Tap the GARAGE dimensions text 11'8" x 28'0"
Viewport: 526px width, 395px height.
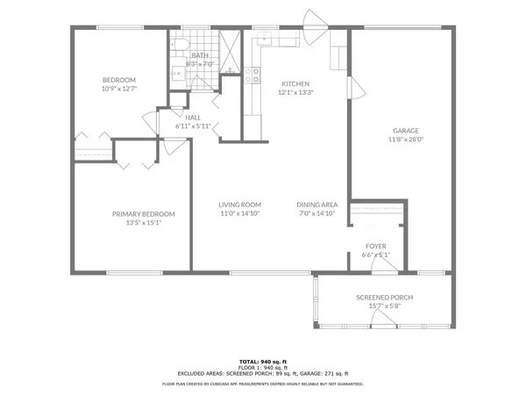click(x=405, y=139)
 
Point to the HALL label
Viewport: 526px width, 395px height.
click(x=193, y=117)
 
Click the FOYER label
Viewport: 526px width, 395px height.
click(x=376, y=246)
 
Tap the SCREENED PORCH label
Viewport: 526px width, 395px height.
click(x=384, y=298)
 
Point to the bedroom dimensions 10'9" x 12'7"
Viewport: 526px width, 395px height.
click(x=119, y=89)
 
